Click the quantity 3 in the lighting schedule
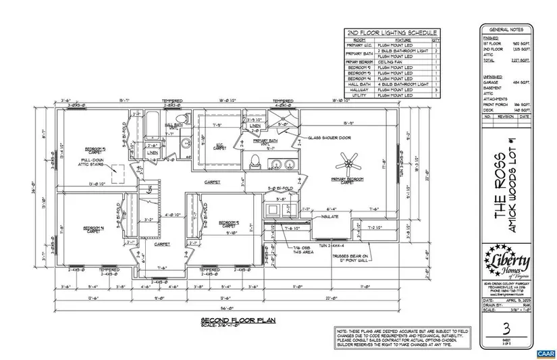coord(435,89)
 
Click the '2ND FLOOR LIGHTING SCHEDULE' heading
coord(392,32)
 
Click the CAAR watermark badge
coord(544,353)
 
